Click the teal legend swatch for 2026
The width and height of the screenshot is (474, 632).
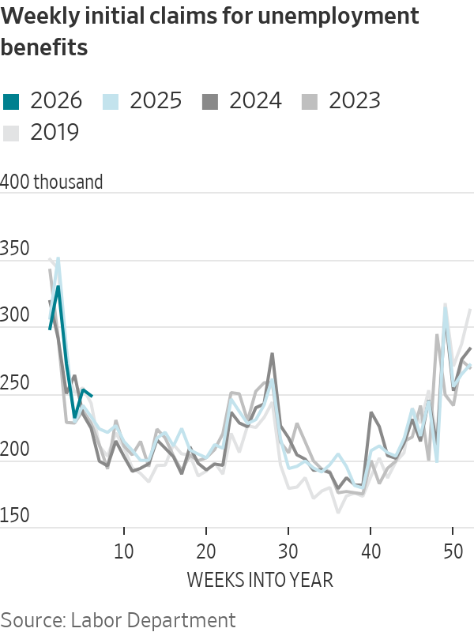11,100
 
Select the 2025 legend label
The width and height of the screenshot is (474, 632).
156,100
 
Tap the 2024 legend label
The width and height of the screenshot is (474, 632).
255,100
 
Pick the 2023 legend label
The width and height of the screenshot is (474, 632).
355,100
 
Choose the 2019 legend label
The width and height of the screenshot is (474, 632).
55,132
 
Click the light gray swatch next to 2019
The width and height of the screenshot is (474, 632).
11,132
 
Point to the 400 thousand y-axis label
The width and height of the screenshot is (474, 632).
52,182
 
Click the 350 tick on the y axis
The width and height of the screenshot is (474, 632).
15,250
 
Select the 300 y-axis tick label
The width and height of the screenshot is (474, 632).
15,317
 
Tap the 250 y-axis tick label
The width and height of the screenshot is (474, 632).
15,384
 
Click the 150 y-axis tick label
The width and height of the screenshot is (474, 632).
15,517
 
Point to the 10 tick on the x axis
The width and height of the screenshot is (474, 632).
124,550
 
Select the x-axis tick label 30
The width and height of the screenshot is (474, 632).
288,550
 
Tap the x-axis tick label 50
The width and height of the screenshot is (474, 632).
452,550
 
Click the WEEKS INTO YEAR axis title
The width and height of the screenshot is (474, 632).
260,580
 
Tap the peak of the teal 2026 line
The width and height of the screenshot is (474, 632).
58,288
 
